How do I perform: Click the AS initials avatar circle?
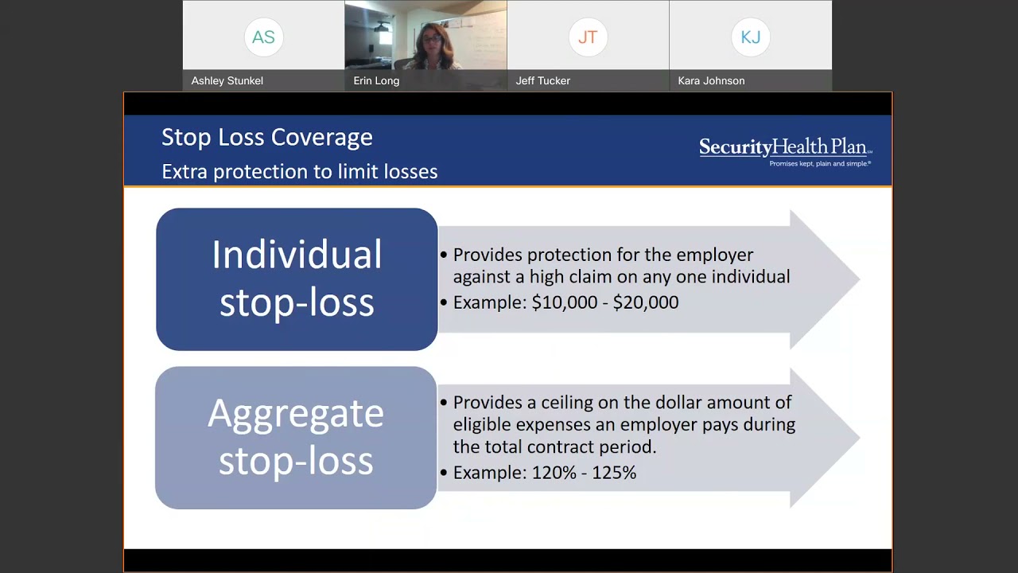(263, 37)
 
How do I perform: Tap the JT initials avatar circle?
(588, 37)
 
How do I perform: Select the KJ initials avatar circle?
(750, 37)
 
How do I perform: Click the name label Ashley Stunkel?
(227, 80)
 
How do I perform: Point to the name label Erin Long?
(376, 80)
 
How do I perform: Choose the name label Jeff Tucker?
(542, 80)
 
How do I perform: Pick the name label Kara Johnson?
(711, 80)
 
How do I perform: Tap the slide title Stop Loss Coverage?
(266, 137)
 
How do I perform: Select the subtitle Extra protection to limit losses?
(299, 172)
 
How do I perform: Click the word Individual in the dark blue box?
(297, 255)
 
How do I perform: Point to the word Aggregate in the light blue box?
(296, 414)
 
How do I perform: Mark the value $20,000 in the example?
(645, 302)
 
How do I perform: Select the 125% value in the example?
(613, 473)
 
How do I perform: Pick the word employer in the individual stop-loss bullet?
(714, 255)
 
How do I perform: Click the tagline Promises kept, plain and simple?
(819, 164)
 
